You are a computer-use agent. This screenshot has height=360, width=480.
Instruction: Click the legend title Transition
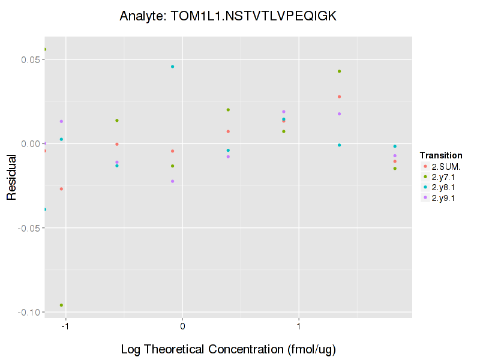pyautogui.click(x=441, y=155)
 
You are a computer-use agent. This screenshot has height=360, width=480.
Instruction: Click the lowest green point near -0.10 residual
pyautogui.click(x=61, y=305)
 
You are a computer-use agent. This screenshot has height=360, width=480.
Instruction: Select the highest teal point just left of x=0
pyautogui.click(x=172, y=67)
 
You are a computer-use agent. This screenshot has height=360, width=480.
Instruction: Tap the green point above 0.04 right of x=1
pyautogui.click(x=339, y=71)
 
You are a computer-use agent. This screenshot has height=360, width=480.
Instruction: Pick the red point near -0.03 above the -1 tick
pyautogui.click(x=61, y=189)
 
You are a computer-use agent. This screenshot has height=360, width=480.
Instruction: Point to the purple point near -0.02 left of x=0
pyautogui.click(x=172, y=181)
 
